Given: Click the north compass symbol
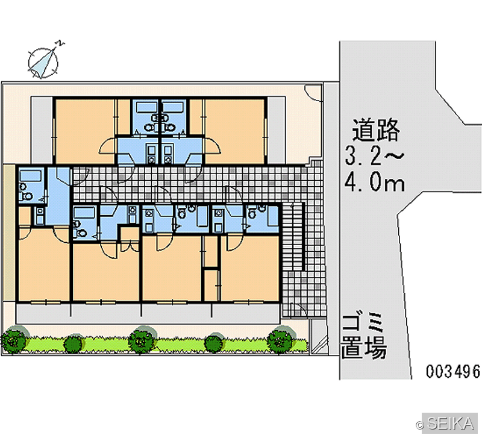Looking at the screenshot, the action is click(43, 63).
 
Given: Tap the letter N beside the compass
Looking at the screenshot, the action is click(60, 43).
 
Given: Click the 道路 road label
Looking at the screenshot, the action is click(375, 130).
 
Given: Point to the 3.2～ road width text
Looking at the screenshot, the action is click(374, 155).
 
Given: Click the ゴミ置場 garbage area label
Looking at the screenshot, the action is click(364, 337).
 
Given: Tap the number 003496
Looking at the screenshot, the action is click(452, 371).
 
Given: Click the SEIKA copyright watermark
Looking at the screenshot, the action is click(446, 424).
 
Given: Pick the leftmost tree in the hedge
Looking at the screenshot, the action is click(14, 340).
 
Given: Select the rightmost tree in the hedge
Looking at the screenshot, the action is click(280, 339).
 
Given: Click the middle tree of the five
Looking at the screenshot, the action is click(142, 339).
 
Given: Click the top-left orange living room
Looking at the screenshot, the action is click(84, 131).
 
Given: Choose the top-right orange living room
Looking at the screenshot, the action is click(234, 131).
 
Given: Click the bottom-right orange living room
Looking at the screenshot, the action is click(249, 268).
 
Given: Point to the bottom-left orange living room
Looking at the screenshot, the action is click(43, 264).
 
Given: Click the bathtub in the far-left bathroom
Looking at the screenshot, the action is click(31, 176).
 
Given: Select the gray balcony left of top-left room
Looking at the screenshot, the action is click(42, 130).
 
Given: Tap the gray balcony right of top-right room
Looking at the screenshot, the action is click(277, 130).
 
